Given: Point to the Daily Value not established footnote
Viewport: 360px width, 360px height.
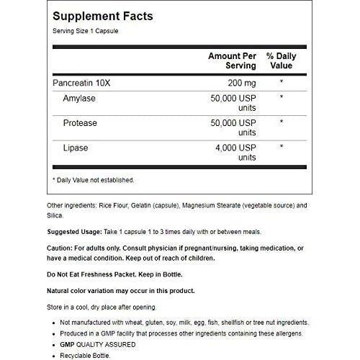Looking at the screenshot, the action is [x=94, y=180].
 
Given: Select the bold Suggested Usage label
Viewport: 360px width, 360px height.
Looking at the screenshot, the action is [x=77, y=231].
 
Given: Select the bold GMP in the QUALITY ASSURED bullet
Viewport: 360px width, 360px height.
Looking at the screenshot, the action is [x=72, y=344].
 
